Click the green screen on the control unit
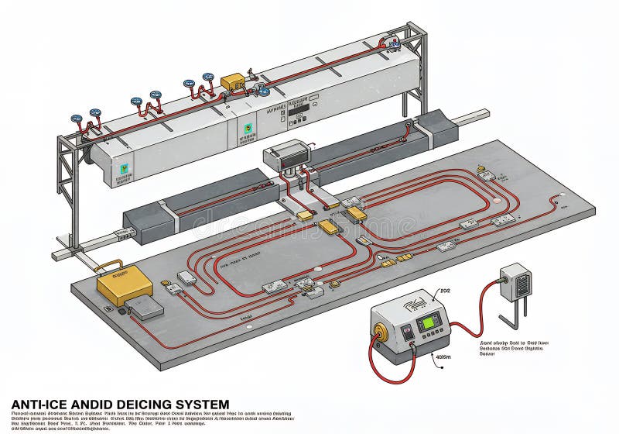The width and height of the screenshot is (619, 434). pos(428,322)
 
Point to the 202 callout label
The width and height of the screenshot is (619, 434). pos(444,291)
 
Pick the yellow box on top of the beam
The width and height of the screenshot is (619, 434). pos(231,81)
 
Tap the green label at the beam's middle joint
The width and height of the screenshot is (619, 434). pos(248,128)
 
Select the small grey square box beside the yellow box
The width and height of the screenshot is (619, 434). pos(147,308)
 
